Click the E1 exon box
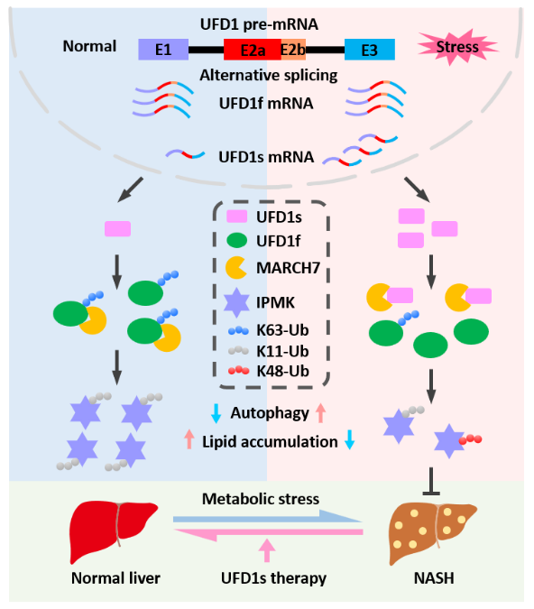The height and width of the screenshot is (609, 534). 163,50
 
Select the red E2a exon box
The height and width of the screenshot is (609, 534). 253,50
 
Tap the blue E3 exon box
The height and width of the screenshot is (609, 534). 370,50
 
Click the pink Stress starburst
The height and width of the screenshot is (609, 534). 457,47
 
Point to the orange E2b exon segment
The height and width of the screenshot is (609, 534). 293,50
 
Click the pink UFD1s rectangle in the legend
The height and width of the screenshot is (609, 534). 237,217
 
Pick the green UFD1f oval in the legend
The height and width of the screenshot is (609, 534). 237,240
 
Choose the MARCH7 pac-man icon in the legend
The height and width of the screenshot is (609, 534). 236,268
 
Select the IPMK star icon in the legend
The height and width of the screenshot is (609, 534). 236,302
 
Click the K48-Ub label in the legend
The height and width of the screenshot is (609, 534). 282,371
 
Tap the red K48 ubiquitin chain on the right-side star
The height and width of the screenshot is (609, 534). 470,439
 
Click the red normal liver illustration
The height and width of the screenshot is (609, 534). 113,531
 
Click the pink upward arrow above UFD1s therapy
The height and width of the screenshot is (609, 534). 267,550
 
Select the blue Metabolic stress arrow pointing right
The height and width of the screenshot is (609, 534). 267,517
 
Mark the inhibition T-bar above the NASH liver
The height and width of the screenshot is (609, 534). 431,482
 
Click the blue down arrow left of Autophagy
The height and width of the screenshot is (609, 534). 216,413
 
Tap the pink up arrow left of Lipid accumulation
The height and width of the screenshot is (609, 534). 189,438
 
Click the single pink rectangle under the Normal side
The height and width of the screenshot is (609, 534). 117,229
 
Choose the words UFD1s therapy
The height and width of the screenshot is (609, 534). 274,578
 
